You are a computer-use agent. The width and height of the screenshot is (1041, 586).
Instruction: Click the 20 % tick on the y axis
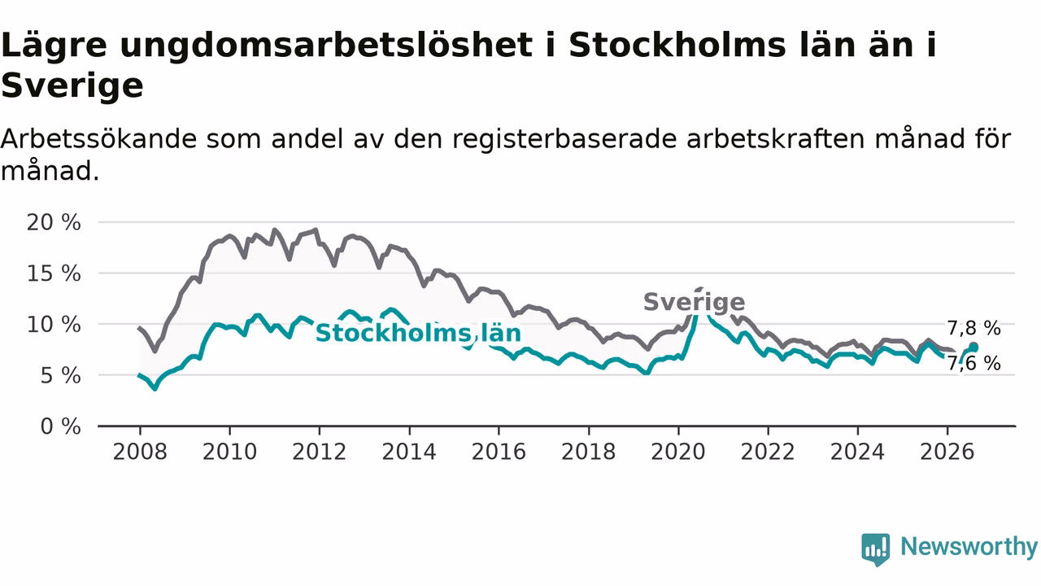[x=54, y=223]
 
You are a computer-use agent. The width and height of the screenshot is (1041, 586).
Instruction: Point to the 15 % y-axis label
[x=54, y=273]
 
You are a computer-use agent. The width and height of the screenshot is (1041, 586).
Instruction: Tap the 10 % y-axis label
[x=54, y=325]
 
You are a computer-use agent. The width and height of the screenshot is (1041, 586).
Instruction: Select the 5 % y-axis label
[x=60, y=375]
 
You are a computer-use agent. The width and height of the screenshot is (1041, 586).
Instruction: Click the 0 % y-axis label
[x=60, y=426]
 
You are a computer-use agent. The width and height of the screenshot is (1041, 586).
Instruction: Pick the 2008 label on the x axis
[x=140, y=452]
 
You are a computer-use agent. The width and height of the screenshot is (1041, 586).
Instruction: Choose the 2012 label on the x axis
[x=320, y=452]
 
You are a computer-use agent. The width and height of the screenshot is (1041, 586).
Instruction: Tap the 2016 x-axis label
[x=499, y=452]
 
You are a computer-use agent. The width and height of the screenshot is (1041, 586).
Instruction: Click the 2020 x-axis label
[x=678, y=452]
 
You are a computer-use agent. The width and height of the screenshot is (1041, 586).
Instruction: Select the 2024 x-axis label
[x=857, y=452]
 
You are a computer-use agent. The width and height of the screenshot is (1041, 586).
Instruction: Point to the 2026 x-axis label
[x=947, y=452]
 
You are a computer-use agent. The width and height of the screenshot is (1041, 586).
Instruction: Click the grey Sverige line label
[x=695, y=303]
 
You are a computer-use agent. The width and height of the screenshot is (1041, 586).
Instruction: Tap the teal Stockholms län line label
[x=418, y=333]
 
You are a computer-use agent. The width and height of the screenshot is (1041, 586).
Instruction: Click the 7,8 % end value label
[x=974, y=328]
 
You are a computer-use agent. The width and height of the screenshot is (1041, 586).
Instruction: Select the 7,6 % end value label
[x=974, y=363]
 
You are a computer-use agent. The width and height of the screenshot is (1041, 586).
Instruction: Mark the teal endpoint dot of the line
[x=973, y=348]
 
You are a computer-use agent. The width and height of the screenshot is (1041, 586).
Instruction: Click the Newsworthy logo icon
[x=876, y=549]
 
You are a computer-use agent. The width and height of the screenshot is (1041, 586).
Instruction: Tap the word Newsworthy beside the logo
[x=969, y=546]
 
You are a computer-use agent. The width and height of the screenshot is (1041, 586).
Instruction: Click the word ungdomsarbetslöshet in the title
[x=326, y=46]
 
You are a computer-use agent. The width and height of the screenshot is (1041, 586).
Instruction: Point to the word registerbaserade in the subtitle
[x=564, y=138]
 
